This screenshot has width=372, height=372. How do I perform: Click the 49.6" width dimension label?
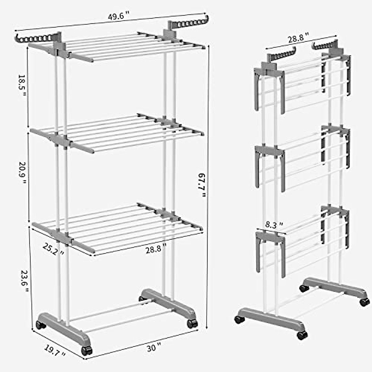click(x=118, y=17)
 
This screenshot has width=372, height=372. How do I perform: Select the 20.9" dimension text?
click(x=21, y=173)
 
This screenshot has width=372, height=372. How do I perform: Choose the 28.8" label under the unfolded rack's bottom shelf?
click(x=156, y=249)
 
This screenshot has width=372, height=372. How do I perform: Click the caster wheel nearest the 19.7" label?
click(x=87, y=351)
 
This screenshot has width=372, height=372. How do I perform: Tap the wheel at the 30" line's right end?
click(x=192, y=324)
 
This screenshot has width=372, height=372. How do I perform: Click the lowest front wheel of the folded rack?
click(x=302, y=335)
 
